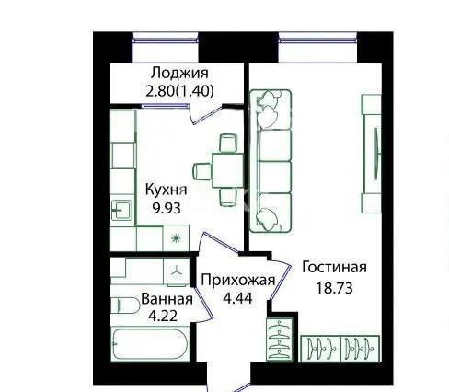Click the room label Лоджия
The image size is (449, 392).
pyautogui.click(x=179, y=74)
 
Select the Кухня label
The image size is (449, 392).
pyautogui.click(x=167, y=190)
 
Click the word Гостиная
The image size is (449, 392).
pyautogui.click(x=334, y=268)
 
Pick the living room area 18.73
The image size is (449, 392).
pyautogui.click(x=333, y=287)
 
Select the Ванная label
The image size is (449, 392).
pyautogui.click(x=167, y=299)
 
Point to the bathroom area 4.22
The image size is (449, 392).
pyautogui.click(x=158, y=316)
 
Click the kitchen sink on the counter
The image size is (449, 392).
pyautogui.click(x=121, y=209)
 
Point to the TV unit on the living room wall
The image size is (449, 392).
pyautogui.click(x=371, y=153)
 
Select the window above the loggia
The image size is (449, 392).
pyautogui.click(x=166, y=38)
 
